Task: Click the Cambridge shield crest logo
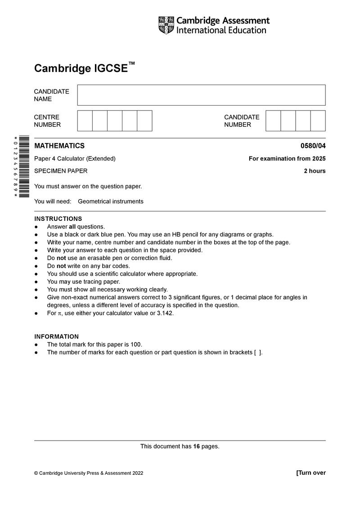click(x=166, y=25)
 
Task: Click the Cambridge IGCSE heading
click(x=81, y=68)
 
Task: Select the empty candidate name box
click(x=201, y=95)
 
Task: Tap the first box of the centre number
click(x=85, y=121)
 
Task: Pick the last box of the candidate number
click(x=318, y=121)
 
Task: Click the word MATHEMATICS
click(x=59, y=146)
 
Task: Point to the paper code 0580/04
click(x=313, y=146)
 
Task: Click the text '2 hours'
click(x=315, y=171)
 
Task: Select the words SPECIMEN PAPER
click(x=61, y=171)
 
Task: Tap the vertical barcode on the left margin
click(x=24, y=166)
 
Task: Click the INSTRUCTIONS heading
click(x=58, y=219)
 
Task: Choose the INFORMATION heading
click(x=56, y=336)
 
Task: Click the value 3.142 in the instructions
click(x=165, y=313)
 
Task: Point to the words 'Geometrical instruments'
click(x=111, y=201)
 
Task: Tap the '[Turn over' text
click(x=311, y=473)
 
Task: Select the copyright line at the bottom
click(x=89, y=473)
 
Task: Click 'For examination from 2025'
click(x=287, y=158)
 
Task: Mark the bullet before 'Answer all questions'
click(x=36, y=227)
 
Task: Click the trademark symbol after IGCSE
click(x=131, y=64)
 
